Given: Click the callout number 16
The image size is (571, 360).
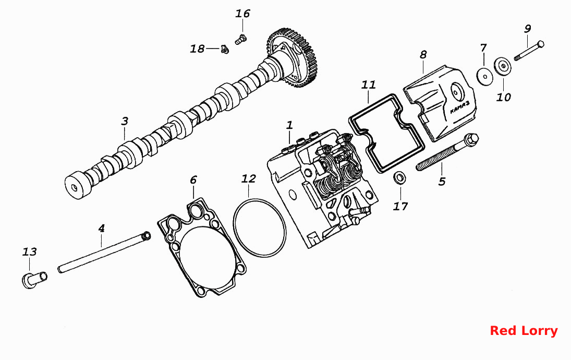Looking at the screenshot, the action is coord(242,14).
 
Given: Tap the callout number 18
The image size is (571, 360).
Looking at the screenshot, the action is coord(197,49).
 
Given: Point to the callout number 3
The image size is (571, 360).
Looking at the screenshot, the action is coord(125,121).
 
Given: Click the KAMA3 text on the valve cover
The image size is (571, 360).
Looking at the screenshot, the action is coord(460,107).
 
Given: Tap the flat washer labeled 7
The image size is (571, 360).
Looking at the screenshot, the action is coord(485,76).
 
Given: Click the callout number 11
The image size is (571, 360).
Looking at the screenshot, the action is coord(369,85).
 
